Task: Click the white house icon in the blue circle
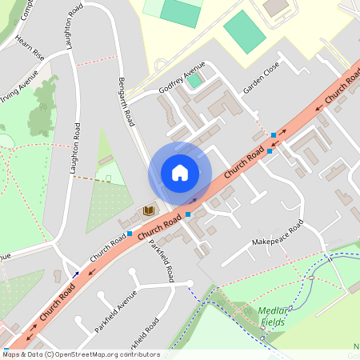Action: pyautogui.click(x=179, y=173)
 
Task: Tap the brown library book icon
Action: pyautogui.click(x=148, y=211)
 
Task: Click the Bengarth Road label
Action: pyautogui.click(x=126, y=102)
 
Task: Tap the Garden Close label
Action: pyautogui.click(x=262, y=78)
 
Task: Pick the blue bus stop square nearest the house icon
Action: pyautogui.click(x=188, y=214)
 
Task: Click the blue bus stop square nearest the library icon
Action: pyautogui.click(x=130, y=234)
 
